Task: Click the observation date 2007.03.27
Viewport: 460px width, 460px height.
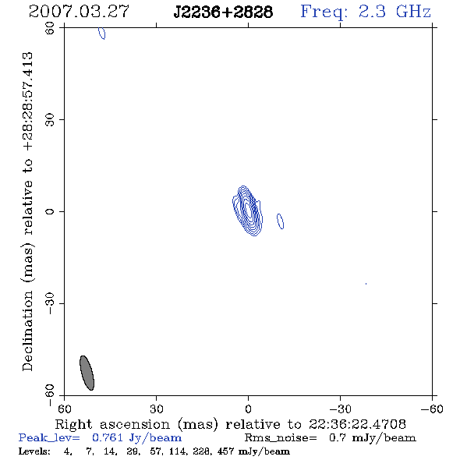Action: (79, 12)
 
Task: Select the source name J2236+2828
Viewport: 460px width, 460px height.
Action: (223, 12)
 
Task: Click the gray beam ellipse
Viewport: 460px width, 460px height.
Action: (87, 373)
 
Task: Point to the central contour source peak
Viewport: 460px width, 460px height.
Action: (249, 210)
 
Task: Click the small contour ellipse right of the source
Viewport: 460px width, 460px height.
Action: (280, 221)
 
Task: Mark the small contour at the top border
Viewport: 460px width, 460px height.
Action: (102, 34)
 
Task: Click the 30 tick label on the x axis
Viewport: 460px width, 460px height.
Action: (157, 409)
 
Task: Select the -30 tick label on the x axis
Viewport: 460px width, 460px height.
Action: (340, 409)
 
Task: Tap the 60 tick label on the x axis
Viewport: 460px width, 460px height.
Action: (64, 409)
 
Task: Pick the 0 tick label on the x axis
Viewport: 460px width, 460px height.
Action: (248, 409)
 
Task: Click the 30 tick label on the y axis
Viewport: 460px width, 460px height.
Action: (50, 120)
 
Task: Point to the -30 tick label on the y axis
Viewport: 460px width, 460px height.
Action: (50, 303)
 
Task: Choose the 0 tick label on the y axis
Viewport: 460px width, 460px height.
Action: (50, 211)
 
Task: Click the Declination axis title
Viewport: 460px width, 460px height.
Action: (27, 211)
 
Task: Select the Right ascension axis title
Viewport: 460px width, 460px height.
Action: (231, 424)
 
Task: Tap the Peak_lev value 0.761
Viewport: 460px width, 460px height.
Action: (108, 437)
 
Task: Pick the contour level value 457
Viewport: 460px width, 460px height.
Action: (225, 451)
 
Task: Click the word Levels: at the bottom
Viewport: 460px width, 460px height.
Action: (34, 451)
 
